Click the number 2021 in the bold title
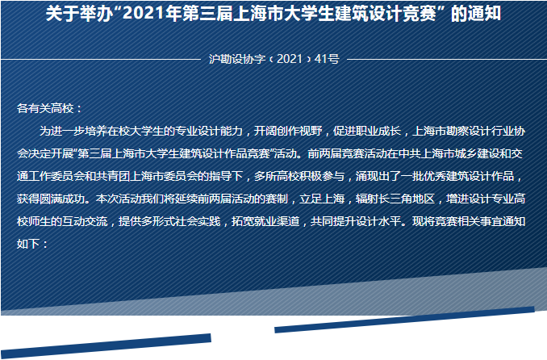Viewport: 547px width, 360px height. click(x=144, y=13)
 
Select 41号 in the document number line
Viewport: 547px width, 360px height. click(x=327, y=59)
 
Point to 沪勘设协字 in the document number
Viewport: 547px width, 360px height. click(x=237, y=59)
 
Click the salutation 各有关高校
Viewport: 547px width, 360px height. click(x=45, y=108)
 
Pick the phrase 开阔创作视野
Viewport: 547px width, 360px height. click(x=288, y=131)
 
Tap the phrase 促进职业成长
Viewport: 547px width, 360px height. click(x=366, y=131)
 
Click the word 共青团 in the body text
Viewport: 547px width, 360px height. click(x=113, y=176)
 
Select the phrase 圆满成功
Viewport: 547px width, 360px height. click(x=62, y=199)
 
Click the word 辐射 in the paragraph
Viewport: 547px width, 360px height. click(x=367, y=199)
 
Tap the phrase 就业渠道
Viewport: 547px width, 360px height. click(x=277, y=221)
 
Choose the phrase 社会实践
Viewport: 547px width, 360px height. click(x=198, y=221)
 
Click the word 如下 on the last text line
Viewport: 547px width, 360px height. click(x=28, y=244)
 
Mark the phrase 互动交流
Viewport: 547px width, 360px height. click(x=85, y=221)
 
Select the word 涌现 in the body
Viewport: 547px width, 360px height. click(x=367, y=176)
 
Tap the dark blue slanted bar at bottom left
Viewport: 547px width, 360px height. click(x=106, y=345)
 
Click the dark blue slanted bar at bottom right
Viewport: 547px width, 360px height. click(x=404, y=320)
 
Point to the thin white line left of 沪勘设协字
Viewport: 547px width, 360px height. click(x=101, y=60)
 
